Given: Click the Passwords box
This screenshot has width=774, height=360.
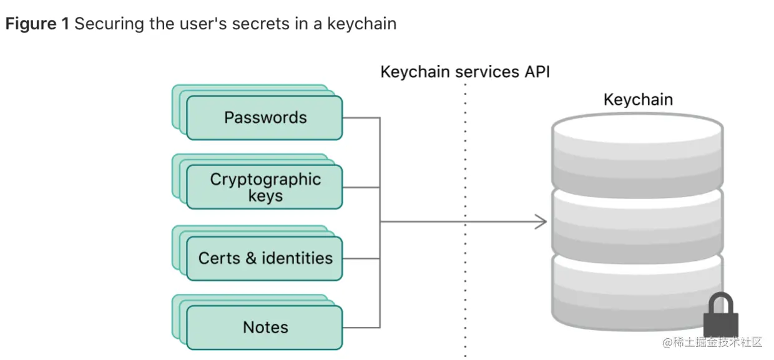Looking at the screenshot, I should click(265, 117).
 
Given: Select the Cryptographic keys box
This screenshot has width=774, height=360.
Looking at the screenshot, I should click(265, 187).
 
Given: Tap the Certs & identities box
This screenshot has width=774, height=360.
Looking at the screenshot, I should click(265, 258).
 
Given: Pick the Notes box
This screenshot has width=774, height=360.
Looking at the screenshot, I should click(265, 327).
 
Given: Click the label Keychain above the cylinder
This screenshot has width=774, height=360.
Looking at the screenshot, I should click(638, 100).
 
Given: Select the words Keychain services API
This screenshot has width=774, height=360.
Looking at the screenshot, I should click(465, 72).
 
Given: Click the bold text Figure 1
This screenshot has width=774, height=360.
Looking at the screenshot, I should click(37, 24).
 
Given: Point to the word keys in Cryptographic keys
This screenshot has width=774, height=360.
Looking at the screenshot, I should click(265, 196).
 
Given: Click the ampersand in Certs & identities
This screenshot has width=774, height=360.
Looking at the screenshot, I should click(251, 258).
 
